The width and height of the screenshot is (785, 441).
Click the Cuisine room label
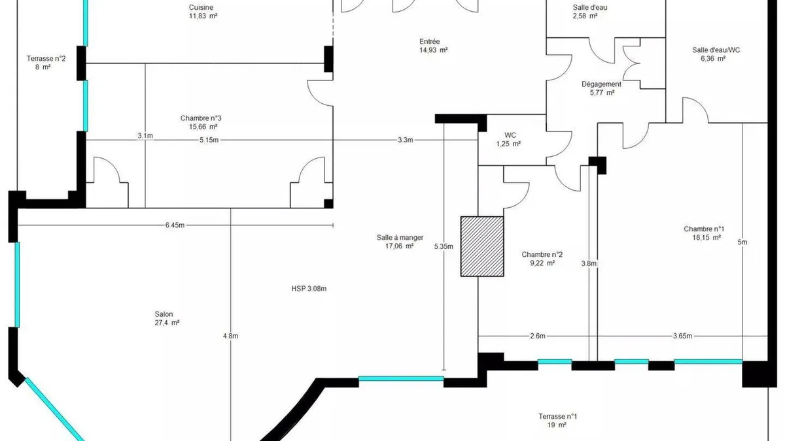(201, 7)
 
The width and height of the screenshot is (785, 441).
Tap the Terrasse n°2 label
(46, 58)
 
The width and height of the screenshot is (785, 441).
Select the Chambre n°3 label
(201, 118)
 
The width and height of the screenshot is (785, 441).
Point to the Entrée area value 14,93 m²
(434, 50)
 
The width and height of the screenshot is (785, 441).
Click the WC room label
(510, 135)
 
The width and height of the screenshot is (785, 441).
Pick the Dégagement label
(601, 84)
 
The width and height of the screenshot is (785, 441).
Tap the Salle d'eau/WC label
(716, 50)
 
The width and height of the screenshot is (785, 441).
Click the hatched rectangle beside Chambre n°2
(482, 246)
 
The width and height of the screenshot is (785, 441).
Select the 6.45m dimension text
(175, 225)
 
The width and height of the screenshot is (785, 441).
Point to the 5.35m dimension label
(444, 246)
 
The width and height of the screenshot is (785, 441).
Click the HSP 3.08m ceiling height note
(309, 289)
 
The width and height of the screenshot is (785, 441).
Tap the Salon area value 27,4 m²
(167, 323)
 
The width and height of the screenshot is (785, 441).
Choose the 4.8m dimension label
(230, 336)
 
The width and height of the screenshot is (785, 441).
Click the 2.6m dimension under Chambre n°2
(538, 336)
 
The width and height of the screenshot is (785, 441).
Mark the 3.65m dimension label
(682, 336)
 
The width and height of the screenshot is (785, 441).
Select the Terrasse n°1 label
(557, 417)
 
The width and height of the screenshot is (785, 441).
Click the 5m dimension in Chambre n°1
(742, 242)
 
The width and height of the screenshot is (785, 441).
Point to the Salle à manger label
(400, 238)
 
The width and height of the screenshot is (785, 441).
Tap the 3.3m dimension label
(405, 140)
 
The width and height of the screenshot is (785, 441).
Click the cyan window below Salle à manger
(401, 378)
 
